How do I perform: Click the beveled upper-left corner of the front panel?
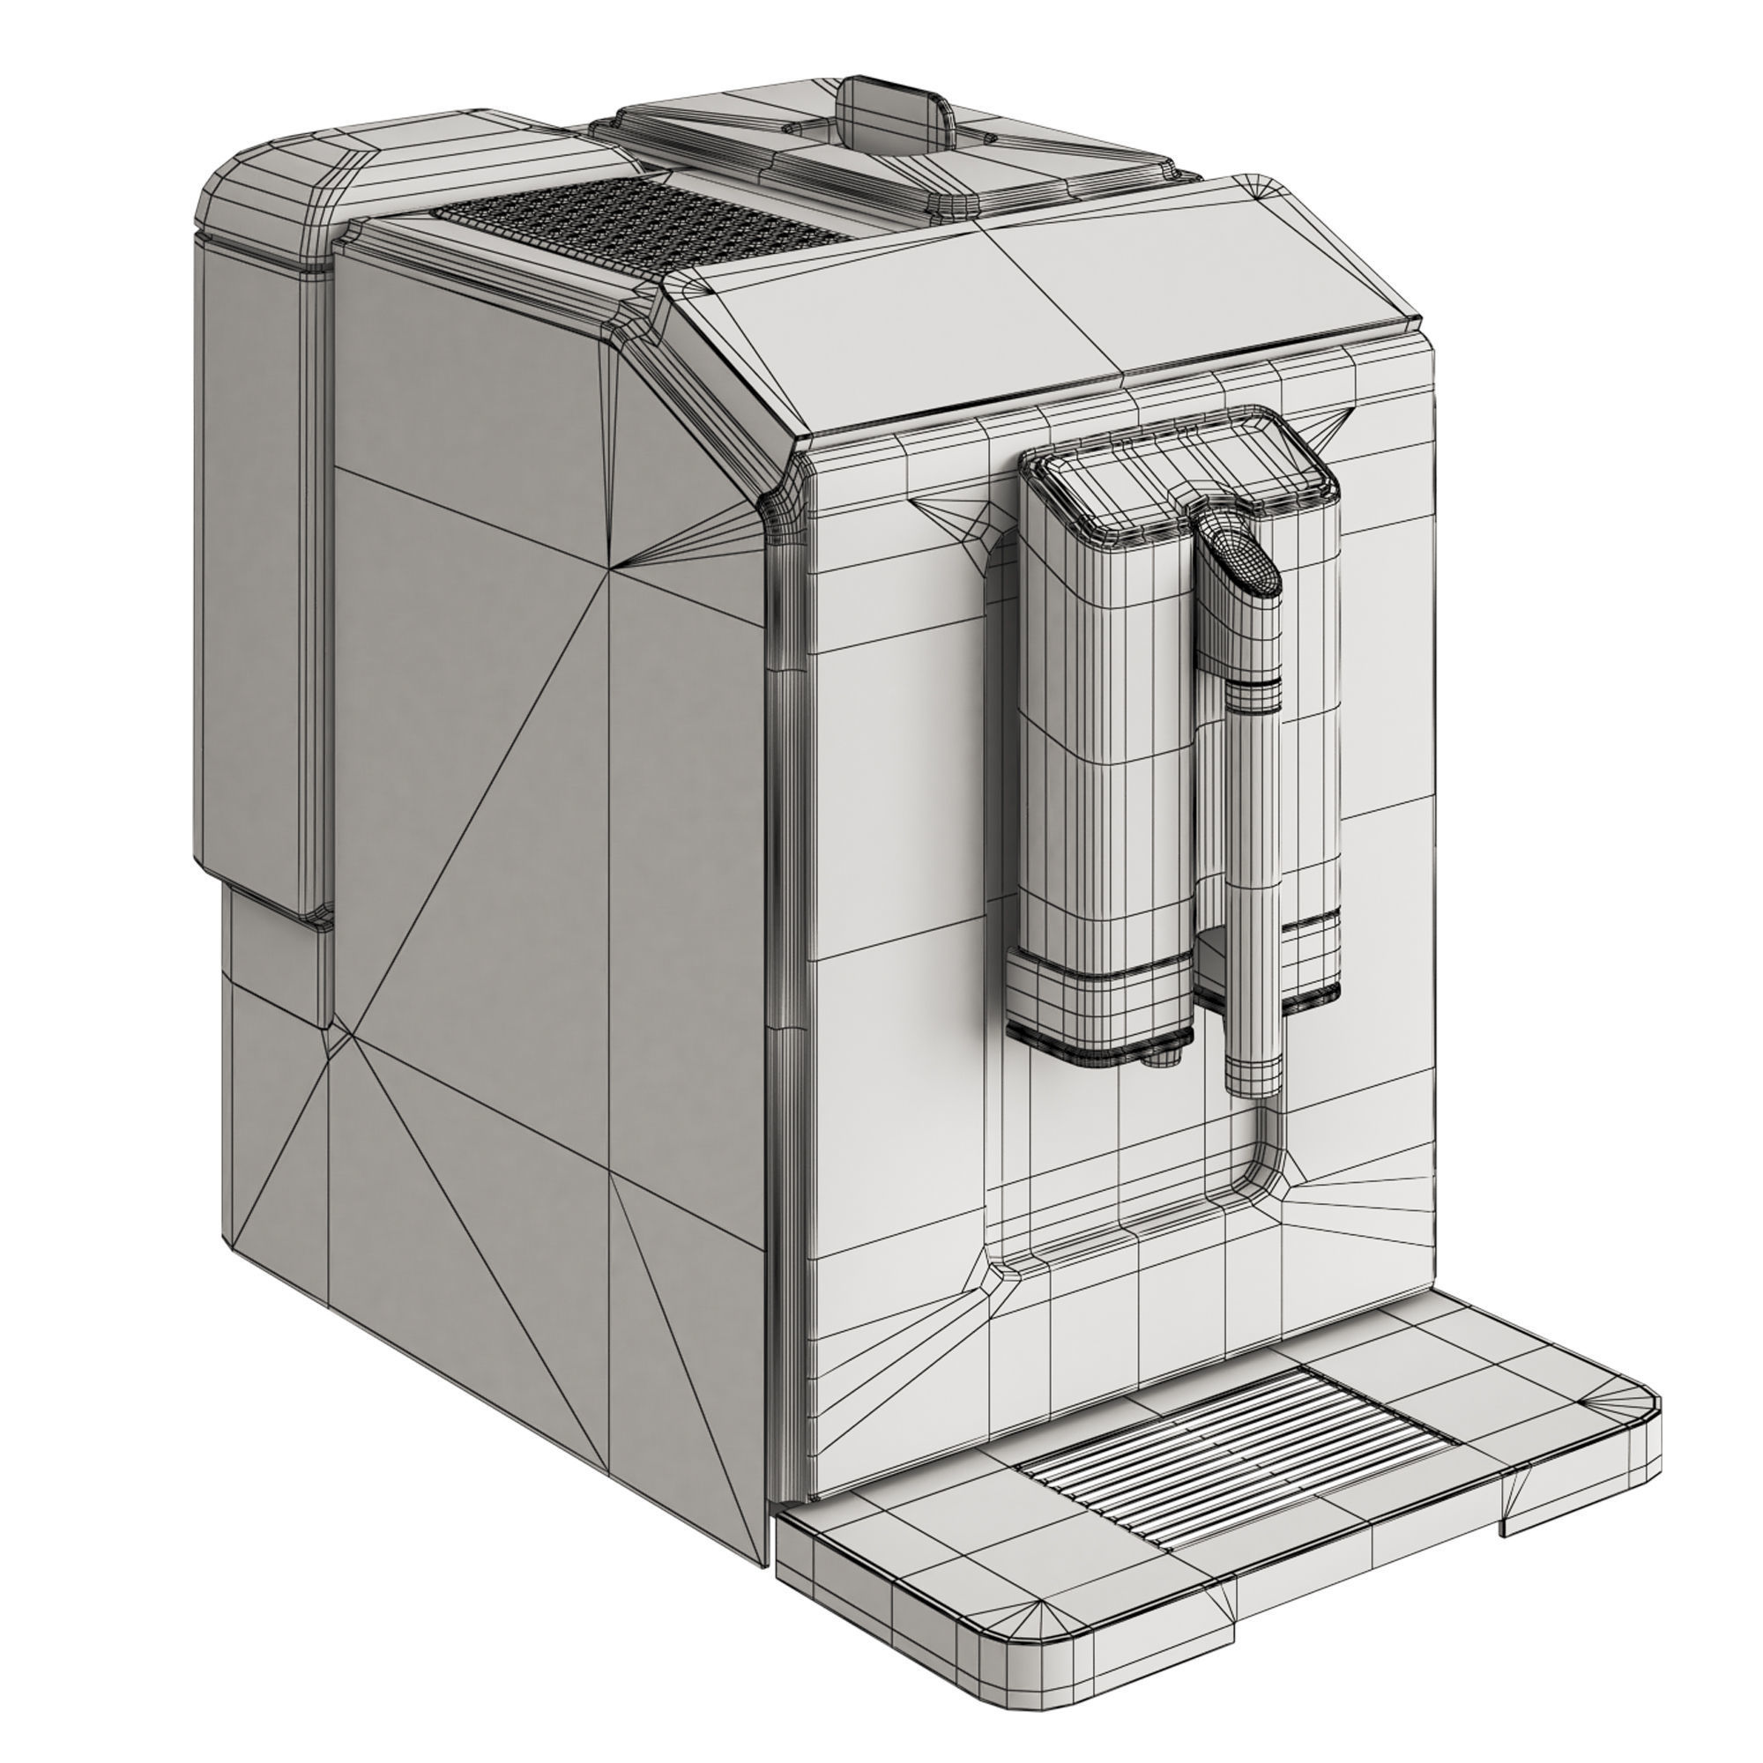click(794, 493)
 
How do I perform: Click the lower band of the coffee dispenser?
click(1095, 1004)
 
